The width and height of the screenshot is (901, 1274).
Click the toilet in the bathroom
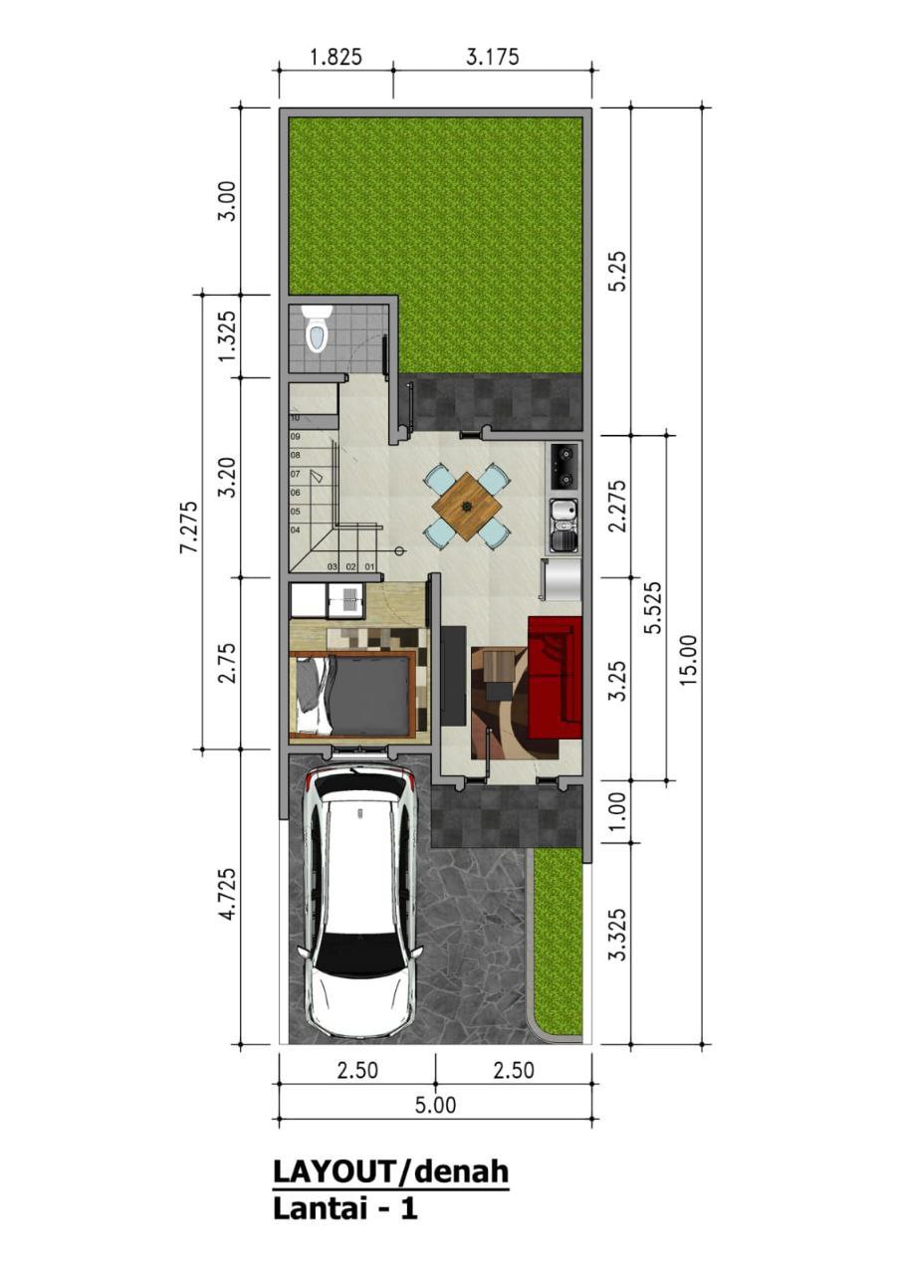point(317,329)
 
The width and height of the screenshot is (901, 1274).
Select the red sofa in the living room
point(555,677)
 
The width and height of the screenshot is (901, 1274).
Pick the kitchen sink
point(563,527)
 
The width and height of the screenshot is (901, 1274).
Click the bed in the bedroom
point(352,695)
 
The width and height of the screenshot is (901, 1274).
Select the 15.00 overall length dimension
point(689,660)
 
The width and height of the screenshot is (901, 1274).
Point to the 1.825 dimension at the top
point(336,58)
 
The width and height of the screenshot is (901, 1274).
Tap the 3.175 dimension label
point(493,57)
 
